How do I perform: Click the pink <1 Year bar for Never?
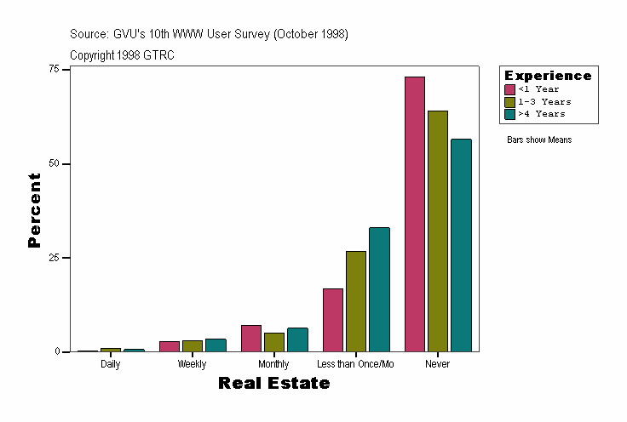tap(415, 214)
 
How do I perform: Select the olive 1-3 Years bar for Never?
tap(438, 231)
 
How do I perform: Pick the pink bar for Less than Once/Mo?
tap(333, 320)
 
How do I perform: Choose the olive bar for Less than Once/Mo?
tap(356, 301)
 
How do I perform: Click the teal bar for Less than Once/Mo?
tap(379, 289)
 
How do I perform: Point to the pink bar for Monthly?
tap(251, 338)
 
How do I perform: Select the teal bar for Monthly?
tap(297, 339)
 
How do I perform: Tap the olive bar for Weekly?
tap(193, 345)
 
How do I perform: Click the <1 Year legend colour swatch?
tap(509, 89)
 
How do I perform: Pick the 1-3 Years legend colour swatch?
tap(509, 101)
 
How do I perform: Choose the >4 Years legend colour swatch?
tap(509, 113)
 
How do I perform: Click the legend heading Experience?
tap(548, 76)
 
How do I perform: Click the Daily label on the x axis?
tap(110, 364)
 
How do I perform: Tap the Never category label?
tap(438, 364)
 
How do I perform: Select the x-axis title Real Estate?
tap(273, 384)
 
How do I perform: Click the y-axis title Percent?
tap(34, 210)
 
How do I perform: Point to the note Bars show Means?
tap(539, 140)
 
